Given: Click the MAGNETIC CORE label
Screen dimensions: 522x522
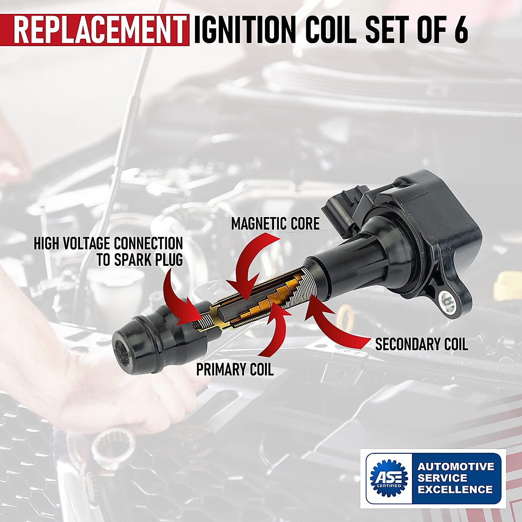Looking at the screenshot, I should (x=275, y=224).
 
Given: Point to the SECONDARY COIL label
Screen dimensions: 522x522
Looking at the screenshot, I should (x=421, y=344).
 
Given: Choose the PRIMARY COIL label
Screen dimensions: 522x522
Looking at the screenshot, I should (x=235, y=370).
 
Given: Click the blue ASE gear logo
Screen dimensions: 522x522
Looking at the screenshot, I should (x=388, y=478).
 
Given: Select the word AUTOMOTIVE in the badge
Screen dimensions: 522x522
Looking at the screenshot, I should (x=456, y=467).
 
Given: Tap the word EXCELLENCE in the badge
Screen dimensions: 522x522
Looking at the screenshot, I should (x=455, y=489).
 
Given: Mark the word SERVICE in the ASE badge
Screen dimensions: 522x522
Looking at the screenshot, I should (x=442, y=478).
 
